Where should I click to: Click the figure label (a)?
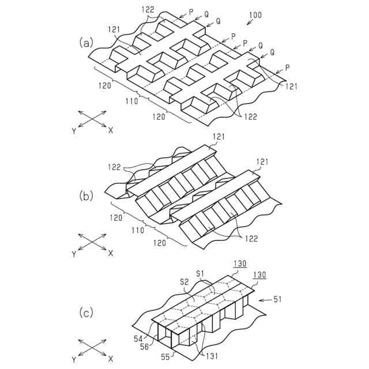point(86,42)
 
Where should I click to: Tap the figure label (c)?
point(86,313)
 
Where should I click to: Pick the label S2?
point(184,281)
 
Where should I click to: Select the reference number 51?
point(277,300)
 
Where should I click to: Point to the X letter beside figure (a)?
point(110,130)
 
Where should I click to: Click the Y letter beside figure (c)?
point(74,359)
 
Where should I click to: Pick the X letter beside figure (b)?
point(110,253)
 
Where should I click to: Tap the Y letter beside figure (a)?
point(74,131)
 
